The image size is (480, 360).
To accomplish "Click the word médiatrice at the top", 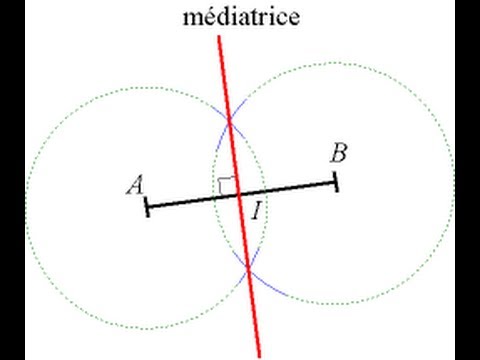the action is [240, 17].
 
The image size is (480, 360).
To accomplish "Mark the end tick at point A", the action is [147, 207].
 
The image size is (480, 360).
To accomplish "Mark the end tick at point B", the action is [336, 181].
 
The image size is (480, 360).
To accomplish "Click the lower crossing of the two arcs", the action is [249, 267].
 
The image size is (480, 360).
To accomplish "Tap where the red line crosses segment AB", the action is [240, 194].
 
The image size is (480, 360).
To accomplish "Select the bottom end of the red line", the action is [259, 354].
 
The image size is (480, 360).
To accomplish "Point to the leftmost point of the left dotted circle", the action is [25, 207].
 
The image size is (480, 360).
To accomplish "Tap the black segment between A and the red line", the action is [190, 201].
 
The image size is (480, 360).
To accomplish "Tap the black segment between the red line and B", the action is [290, 187].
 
